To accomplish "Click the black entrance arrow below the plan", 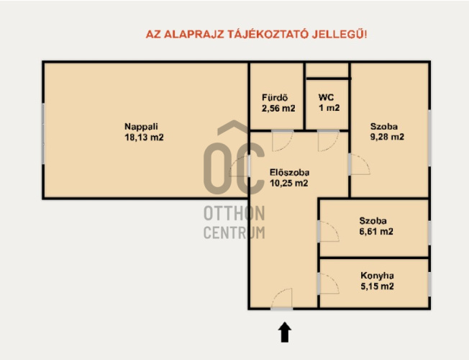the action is (284, 332).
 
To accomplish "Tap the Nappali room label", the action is (141, 127).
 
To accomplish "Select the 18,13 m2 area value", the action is (144, 138).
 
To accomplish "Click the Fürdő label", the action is (275, 98).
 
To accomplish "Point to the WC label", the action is (327, 97).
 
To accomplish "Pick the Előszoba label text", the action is (290, 173).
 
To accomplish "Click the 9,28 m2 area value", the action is (387, 137).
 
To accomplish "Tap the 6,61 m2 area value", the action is (376, 232).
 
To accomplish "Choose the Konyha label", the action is (377, 276).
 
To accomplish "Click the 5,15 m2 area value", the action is (377, 287).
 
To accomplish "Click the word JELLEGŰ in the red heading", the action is (340, 34).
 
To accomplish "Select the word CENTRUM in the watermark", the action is (234, 233).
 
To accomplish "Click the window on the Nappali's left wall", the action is (43, 134).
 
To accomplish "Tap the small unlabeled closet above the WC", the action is (327, 71).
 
